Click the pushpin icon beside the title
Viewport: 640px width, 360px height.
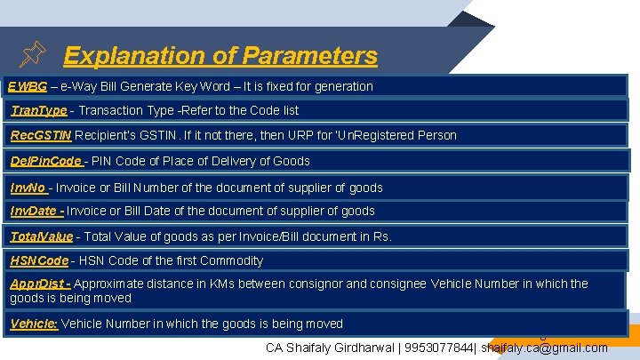32,56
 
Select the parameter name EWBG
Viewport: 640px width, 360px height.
28,86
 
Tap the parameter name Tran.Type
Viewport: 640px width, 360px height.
38,110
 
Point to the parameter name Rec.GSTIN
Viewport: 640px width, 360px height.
41,135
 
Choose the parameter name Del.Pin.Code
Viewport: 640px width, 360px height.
46,161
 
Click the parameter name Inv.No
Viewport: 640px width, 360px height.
28,188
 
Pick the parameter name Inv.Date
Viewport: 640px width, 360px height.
36,211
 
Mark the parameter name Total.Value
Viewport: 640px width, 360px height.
41,236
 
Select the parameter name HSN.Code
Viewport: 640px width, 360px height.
39,260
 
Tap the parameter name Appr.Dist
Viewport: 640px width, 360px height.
39,284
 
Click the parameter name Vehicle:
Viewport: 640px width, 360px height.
34,324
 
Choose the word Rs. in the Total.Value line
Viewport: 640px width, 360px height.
382,236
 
